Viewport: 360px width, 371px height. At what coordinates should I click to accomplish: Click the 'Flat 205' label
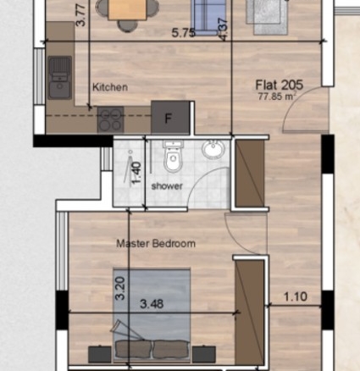(279, 85)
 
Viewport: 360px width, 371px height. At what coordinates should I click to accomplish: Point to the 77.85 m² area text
(277, 97)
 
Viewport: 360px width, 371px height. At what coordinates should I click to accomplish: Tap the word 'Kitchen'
(110, 87)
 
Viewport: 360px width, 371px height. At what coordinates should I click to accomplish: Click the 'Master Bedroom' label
(156, 243)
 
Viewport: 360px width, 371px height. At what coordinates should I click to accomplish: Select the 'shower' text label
(167, 186)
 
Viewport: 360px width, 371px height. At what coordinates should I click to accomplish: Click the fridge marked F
(170, 117)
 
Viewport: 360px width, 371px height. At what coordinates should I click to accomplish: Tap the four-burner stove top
(110, 119)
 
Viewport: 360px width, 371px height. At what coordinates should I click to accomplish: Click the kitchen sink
(59, 78)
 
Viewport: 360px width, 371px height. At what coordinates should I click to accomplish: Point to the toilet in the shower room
(173, 157)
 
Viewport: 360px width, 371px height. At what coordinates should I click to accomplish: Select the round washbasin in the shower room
(213, 148)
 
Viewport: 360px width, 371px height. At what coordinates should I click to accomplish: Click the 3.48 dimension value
(152, 304)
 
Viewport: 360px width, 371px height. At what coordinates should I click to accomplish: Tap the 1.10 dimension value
(296, 296)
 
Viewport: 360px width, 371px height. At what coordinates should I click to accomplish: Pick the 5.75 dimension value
(184, 33)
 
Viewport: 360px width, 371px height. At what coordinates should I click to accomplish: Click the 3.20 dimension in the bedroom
(120, 288)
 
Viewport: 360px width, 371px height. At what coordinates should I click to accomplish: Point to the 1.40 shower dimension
(136, 173)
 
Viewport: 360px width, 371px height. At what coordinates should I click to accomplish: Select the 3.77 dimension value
(81, 15)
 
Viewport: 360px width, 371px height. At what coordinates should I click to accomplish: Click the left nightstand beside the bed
(100, 354)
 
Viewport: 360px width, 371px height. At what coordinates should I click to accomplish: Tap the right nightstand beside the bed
(204, 354)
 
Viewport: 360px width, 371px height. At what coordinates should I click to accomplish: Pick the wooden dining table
(127, 9)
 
